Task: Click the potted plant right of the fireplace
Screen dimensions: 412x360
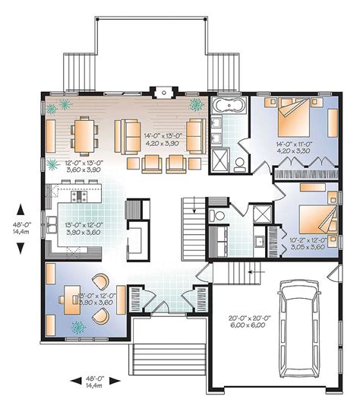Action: tap(196, 104)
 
